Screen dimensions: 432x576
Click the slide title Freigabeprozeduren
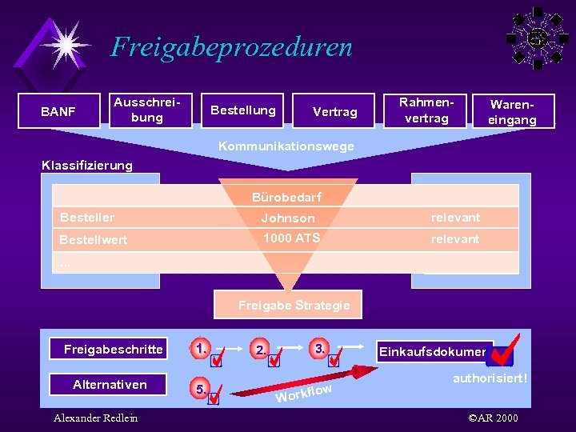pyautogui.click(x=231, y=46)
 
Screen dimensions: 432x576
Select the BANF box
pyautogui.click(x=58, y=111)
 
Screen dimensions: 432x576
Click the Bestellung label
pyautogui.click(x=242, y=110)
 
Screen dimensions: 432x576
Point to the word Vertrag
pyautogui.click(x=334, y=112)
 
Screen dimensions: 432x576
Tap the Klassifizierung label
pyautogui.click(x=86, y=166)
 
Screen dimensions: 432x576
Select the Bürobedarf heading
pyautogui.click(x=287, y=197)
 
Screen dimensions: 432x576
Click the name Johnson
pyautogui.click(x=288, y=218)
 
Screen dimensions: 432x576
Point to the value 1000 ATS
pyautogui.click(x=292, y=238)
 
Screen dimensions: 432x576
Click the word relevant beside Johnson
pyautogui.click(x=455, y=217)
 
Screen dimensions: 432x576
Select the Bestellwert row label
pyautogui.click(x=93, y=239)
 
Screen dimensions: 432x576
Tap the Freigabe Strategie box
pyautogui.click(x=294, y=305)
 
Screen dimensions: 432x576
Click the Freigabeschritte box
pyautogui.click(x=113, y=349)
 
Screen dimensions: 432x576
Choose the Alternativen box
pyautogui.click(x=110, y=385)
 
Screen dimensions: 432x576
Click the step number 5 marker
pyautogui.click(x=200, y=389)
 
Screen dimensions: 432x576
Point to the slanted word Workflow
pyautogui.click(x=304, y=393)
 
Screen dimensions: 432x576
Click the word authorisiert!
pyautogui.click(x=490, y=377)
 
